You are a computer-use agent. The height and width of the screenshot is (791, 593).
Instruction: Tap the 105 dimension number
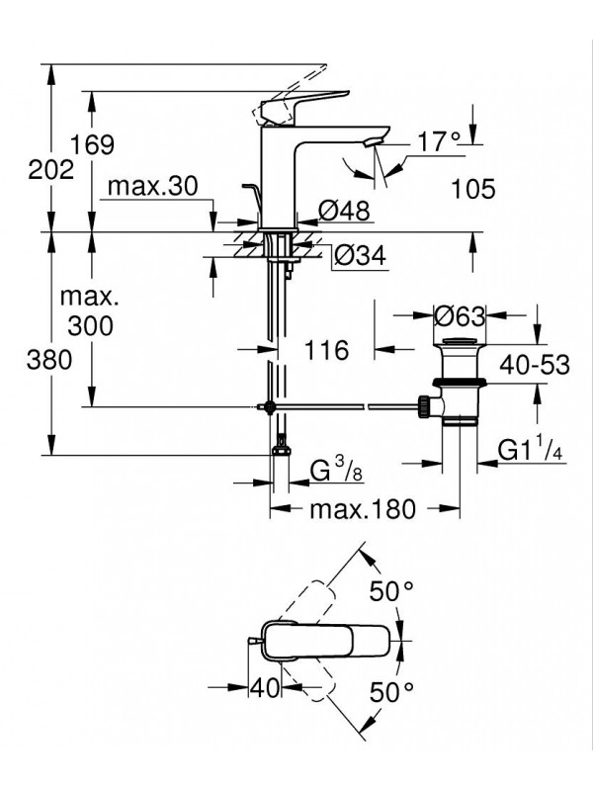pos(470,189)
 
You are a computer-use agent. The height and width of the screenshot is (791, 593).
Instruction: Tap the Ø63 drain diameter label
pos(460,316)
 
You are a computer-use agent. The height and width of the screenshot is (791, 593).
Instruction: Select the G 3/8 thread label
pos(337,473)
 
